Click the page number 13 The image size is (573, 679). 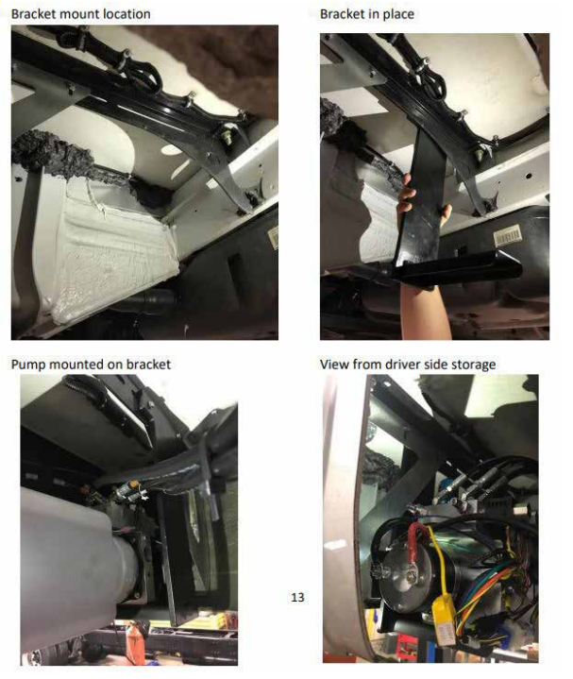(297, 597)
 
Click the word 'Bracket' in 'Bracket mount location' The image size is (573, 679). (35, 14)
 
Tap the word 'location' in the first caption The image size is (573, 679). (124, 14)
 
